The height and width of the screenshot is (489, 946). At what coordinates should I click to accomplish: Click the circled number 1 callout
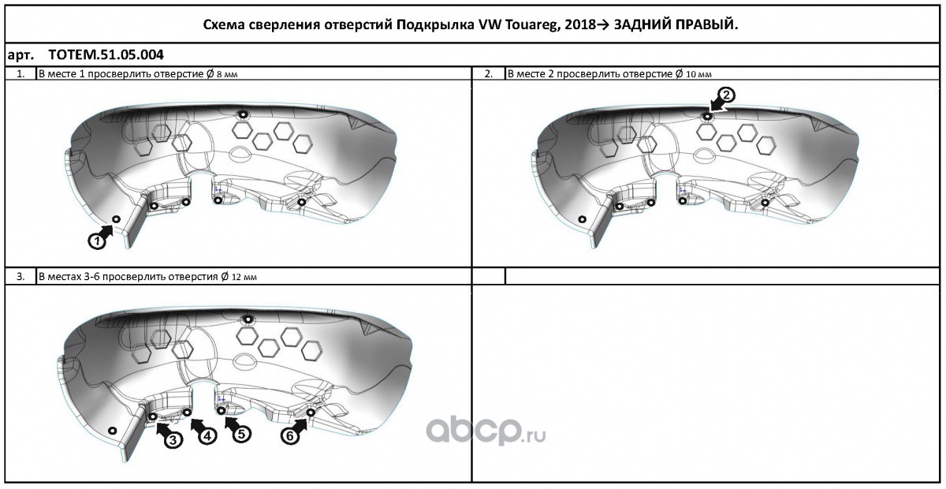coord(95,241)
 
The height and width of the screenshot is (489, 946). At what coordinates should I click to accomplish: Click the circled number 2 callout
coord(727,95)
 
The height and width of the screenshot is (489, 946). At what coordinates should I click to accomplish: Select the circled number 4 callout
coord(207,436)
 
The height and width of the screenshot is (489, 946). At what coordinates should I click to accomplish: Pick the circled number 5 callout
coord(241,434)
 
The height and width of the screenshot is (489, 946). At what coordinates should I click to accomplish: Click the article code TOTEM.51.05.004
coord(106,56)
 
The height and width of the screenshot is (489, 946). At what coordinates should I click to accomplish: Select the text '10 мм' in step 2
coord(698,74)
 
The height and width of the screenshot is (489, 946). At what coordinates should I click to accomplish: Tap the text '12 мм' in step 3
coord(244,277)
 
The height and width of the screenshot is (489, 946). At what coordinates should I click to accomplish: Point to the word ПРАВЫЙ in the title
coord(706,25)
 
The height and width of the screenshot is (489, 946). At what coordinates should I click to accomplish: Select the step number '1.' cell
coord(20,73)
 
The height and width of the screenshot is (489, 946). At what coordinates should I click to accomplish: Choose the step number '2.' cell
coord(489,73)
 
